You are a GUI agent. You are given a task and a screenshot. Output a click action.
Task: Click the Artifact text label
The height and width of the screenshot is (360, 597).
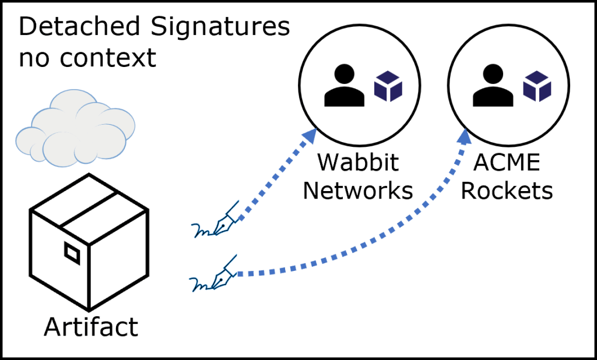tap(91, 326)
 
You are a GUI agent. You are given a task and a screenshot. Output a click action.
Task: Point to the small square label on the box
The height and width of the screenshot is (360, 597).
tap(72, 253)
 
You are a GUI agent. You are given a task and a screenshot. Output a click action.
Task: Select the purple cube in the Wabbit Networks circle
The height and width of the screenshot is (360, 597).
tap(388, 86)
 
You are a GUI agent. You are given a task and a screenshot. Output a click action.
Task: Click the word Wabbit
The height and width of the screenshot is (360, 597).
tap(358, 163)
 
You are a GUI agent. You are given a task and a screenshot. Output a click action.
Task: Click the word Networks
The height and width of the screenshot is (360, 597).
tap(358, 190)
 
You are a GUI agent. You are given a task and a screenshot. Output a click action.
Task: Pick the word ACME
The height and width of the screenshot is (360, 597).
tap(507, 163)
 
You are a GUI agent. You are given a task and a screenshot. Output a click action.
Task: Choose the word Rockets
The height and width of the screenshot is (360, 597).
tap(507, 190)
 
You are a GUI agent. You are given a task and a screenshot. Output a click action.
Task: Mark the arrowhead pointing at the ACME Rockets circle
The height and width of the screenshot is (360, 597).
tap(465, 136)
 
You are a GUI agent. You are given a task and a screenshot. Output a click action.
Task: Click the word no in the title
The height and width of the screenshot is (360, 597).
tap(36, 58)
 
